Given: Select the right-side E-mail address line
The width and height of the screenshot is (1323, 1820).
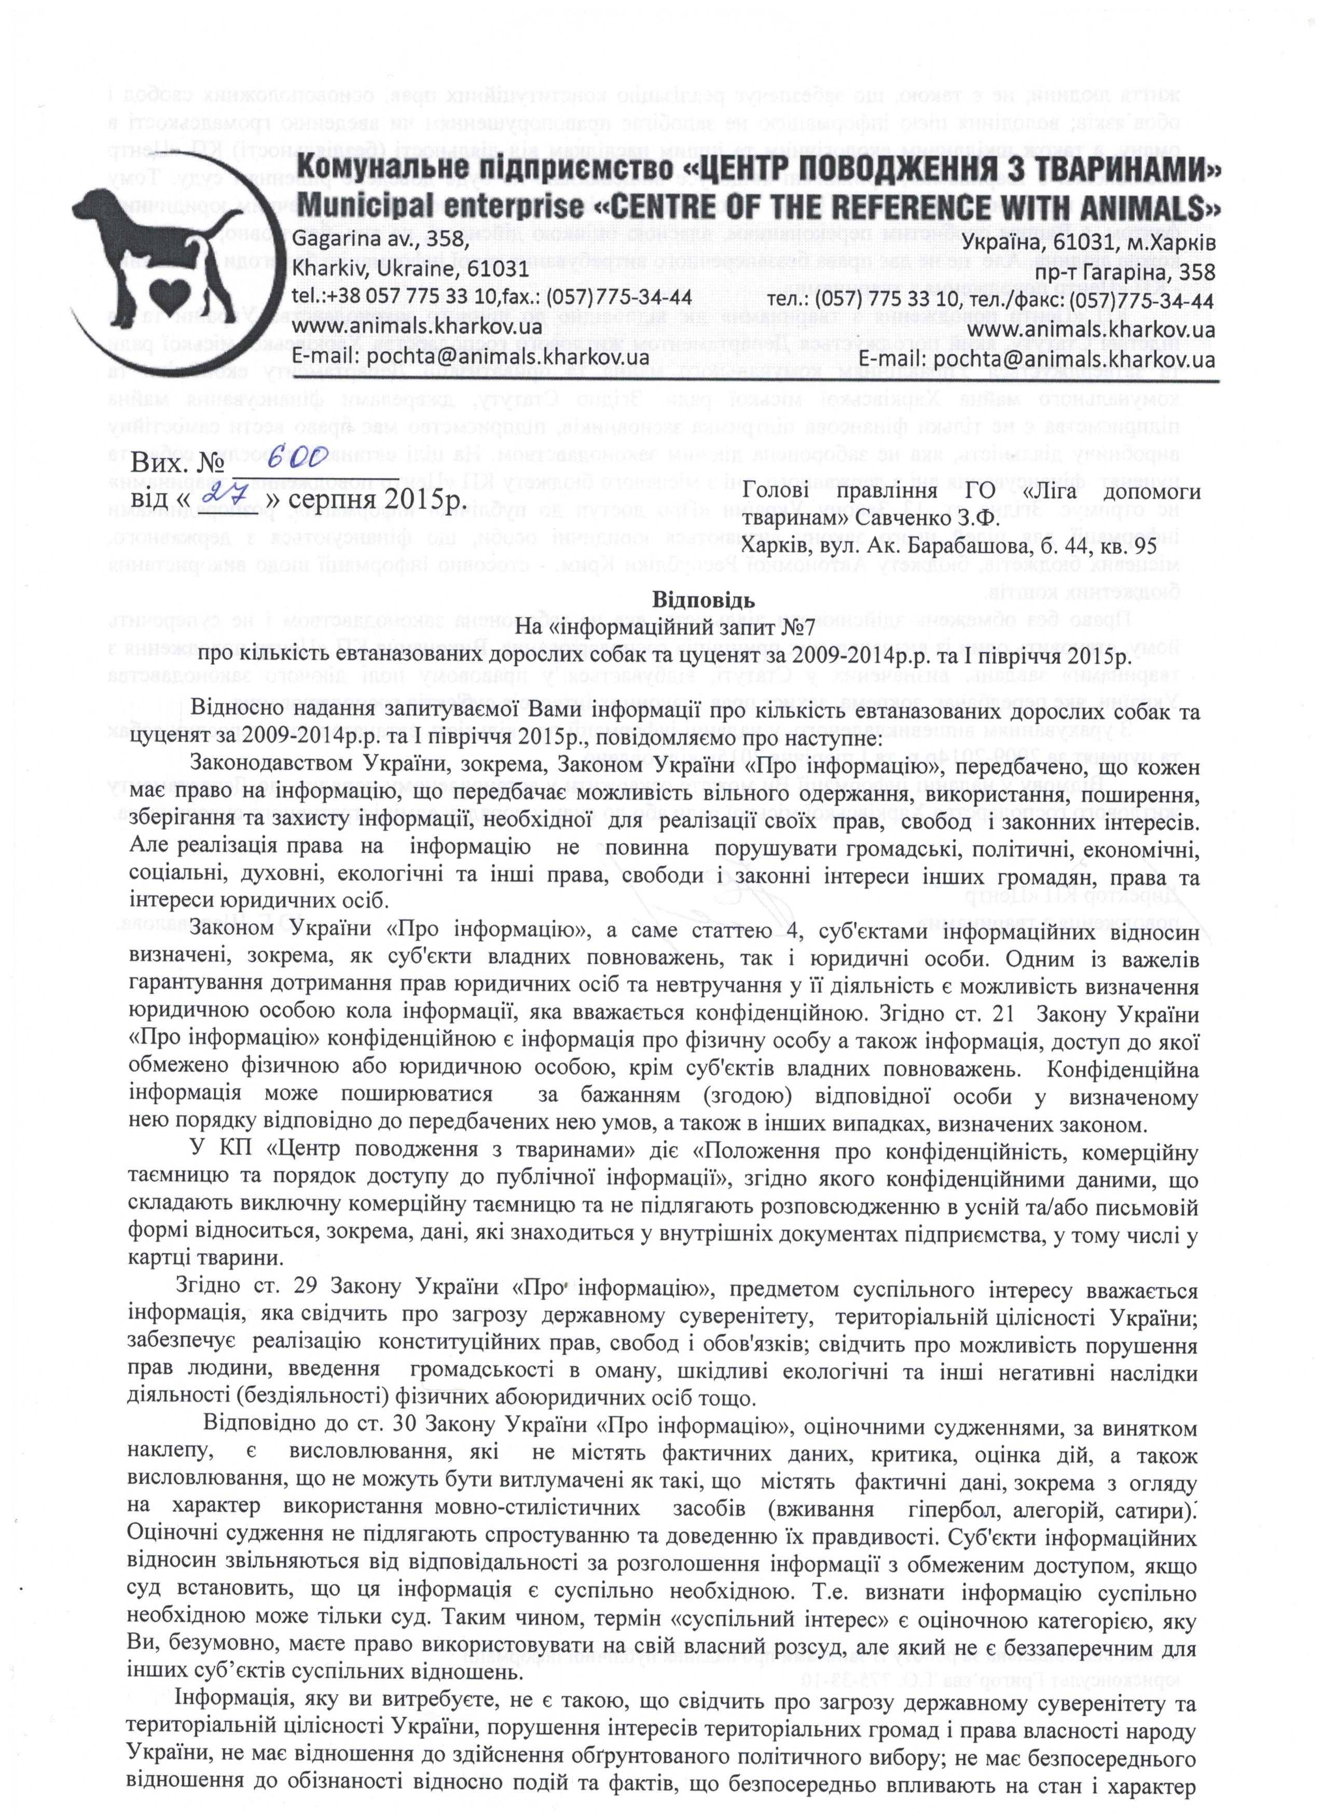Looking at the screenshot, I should [1037, 358].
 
